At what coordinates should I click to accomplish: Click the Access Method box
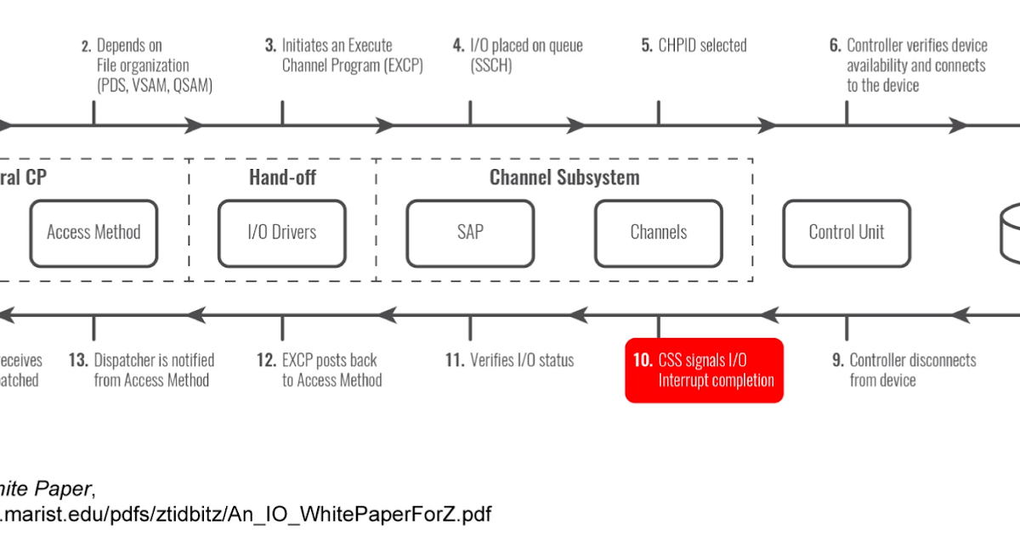(93, 233)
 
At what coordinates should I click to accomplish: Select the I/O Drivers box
(281, 233)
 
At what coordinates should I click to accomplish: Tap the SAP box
(470, 233)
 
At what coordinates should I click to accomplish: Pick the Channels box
(659, 233)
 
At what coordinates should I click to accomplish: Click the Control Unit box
(847, 233)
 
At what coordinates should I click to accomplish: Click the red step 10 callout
(704, 370)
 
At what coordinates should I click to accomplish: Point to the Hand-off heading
(282, 177)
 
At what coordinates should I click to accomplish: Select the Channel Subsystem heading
(564, 177)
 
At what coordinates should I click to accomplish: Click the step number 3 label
(270, 45)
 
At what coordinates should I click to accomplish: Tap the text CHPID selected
(702, 45)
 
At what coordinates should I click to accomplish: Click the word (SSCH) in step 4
(491, 65)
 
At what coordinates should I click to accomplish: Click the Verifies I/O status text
(521, 360)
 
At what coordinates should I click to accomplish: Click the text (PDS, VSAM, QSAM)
(155, 86)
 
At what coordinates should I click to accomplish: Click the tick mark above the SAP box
(470, 112)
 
